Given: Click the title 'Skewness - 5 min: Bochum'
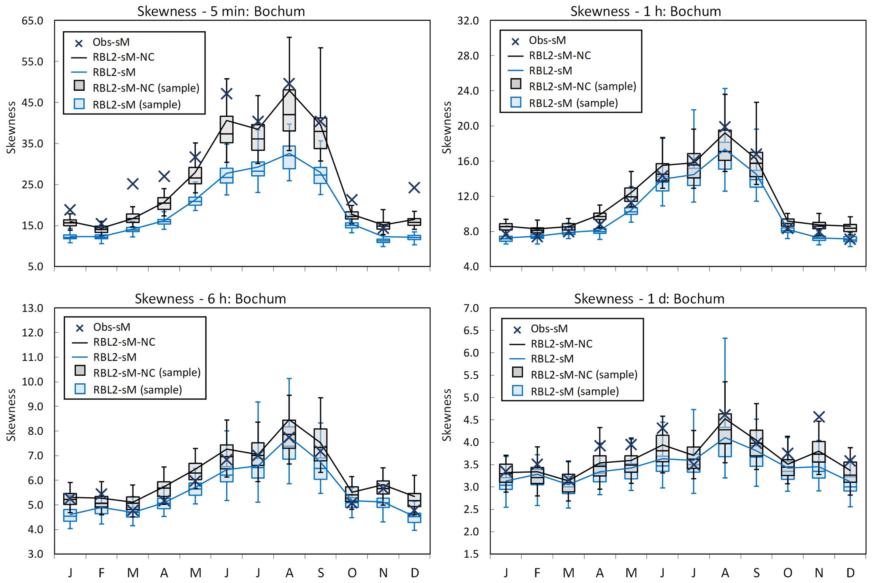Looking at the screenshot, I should pyautogui.click(x=221, y=11).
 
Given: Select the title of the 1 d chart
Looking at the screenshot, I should pyautogui.click(x=649, y=298).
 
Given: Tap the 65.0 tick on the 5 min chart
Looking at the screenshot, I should pyautogui.click(x=32, y=21).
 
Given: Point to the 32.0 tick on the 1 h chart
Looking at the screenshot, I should pyautogui.click(x=468, y=21).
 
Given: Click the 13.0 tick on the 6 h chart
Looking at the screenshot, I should pyautogui.click(x=32, y=308).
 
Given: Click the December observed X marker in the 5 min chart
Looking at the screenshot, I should pyautogui.click(x=414, y=187).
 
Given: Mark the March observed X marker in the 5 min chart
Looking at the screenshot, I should pyautogui.click(x=133, y=184).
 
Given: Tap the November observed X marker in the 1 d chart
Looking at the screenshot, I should pyautogui.click(x=819, y=417).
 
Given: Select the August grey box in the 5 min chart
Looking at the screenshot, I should pyautogui.click(x=289, y=110).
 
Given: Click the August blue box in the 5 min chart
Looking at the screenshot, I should pyautogui.click(x=289, y=157).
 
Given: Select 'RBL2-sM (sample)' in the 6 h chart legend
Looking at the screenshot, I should pyautogui.click(x=137, y=389).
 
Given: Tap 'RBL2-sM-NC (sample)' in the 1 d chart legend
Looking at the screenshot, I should pyautogui.click(x=583, y=374).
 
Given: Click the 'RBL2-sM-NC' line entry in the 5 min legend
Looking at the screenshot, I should pyautogui.click(x=123, y=57).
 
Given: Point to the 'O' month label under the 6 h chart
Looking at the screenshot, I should pyautogui.click(x=352, y=573).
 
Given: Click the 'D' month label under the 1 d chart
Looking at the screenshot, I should pyautogui.click(x=850, y=573).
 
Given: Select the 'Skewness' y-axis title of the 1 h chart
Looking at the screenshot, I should pyautogui.click(x=447, y=127).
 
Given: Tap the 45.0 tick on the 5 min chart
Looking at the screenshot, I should pyautogui.click(x=32, y=103).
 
